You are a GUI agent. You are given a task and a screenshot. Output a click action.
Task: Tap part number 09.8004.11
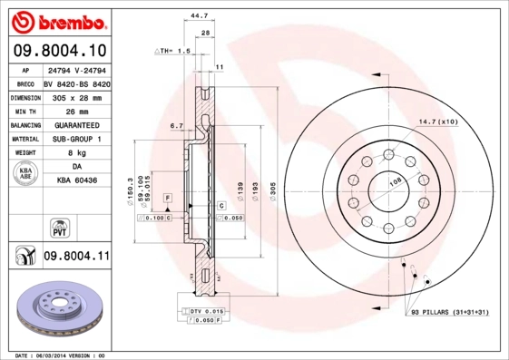coord(76,258)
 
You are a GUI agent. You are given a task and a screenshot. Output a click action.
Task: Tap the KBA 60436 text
coord(76,180)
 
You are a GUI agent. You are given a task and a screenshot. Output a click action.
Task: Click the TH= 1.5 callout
coord(173,52)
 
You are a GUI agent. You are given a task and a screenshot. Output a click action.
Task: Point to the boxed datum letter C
coord(220,207)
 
